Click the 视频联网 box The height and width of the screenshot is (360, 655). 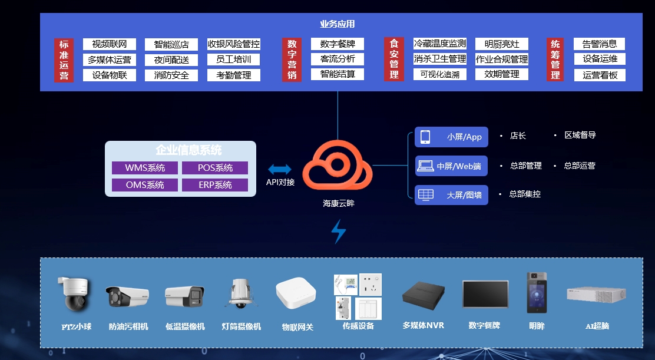(110, 44)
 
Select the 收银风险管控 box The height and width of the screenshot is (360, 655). (233, 44)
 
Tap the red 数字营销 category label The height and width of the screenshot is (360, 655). (292, 60)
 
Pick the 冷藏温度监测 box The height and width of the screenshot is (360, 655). (440, 44)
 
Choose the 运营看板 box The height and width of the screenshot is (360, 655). (599, 75)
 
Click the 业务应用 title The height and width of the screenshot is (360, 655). (338, 24)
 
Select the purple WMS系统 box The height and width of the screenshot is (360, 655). (145, 168)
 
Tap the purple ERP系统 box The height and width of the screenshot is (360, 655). (214, 185)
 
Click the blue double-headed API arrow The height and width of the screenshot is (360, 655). (280, 170)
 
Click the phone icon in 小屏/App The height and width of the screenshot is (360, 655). (425, 136)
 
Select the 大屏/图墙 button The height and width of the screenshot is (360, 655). (451, 194)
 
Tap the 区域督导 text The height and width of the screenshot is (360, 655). (580, 135)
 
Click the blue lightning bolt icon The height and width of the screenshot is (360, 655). (338, 232)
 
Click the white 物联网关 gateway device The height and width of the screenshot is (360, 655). (296, 292)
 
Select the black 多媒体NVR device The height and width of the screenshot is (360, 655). (423, 293)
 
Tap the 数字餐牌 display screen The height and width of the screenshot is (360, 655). (485, 293)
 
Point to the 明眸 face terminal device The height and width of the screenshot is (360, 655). (536, 292)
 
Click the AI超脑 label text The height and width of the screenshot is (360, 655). (596, 326)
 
